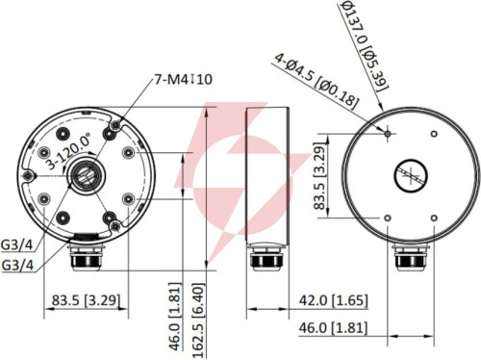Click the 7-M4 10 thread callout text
pyautogui.click(x=184, y=79)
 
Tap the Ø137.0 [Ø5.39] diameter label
pyautogui.click(x=365, y=46)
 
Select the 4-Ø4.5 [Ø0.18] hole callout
pyautogui.click(x=316, y=82)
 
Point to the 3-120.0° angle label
pyautogui.click(x=68, y=151)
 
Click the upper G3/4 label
pyautogui.click(x=17, y=244)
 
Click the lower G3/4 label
pyautogui.click(x=17, y=266)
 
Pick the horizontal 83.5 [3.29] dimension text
pyautogui.click(x=87, y=300)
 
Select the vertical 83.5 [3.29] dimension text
pyautogui.click(x=319, y=176)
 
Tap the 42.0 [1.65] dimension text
pyautogui.click(x=333, y=300)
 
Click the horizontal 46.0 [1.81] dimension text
pyautogui.click(x=333, y=328)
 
